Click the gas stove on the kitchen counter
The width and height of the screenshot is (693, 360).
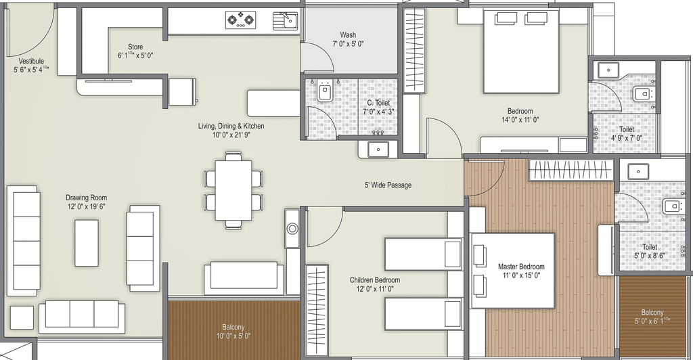click(x=241, y=20)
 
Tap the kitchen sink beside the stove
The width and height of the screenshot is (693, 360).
click(x=285, y=20)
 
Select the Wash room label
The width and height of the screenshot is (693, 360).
click(x=348, y=35)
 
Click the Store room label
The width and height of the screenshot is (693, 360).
click(x=135, y=47)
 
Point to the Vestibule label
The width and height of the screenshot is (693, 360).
click(x=31, y=61)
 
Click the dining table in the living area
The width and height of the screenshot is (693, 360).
click(x=233, y=190)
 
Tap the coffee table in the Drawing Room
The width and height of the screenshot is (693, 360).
click(x=86, y=243)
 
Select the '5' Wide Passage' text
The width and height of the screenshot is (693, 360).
click(x=388, y=185)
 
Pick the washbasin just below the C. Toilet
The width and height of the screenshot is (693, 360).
click(x=378, y=150)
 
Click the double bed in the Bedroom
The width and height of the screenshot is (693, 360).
click(x=521, y=51)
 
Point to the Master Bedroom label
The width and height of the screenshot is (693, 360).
click(x=521, y=267)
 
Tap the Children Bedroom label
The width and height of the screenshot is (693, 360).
click(x=375, y=279)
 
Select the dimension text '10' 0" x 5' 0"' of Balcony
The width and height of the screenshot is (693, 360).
click(x=233, y=336)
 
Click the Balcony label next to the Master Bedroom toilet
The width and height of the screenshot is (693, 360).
click(x=652, y=313)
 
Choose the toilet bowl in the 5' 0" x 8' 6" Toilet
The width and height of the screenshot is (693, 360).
click(x=672, y=206)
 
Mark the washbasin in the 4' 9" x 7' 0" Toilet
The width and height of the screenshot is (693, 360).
click(x=609, y=69)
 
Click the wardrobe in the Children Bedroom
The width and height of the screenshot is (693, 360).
click(x=317, y=310)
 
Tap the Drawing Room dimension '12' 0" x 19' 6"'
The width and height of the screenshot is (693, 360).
click(x=86, y=206)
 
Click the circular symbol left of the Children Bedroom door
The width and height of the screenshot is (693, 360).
click(x=292, y=229)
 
